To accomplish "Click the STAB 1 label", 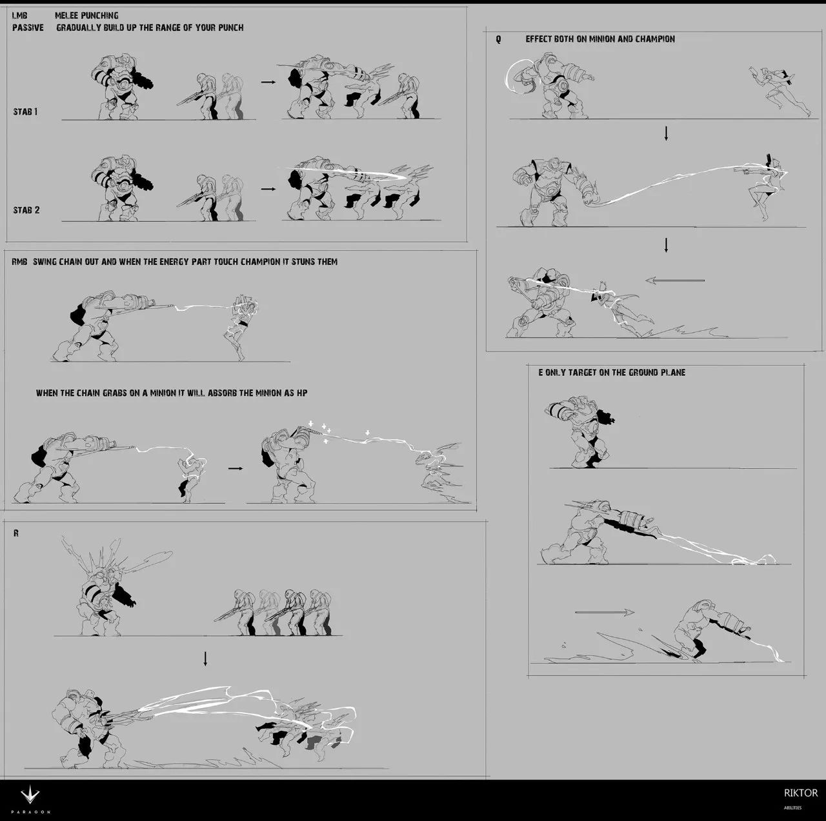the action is [25, 112].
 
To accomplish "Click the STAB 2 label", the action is [26, 210].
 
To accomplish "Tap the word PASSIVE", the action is [28, 28].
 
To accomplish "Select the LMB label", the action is [20, 15].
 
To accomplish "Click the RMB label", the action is [19, 262].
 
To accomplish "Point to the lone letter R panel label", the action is [16, 533].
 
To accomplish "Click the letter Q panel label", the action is [498, 39].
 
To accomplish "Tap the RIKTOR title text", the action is [801, 793].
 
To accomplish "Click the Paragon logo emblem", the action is [30, 795].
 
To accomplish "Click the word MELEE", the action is [66, 15].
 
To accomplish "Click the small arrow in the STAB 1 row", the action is [268, 82].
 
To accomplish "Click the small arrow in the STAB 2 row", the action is [268, 188].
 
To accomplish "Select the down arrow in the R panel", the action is [205, 659].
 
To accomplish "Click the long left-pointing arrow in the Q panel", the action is [675, 281].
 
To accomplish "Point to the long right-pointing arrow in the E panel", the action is [605, 612].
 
